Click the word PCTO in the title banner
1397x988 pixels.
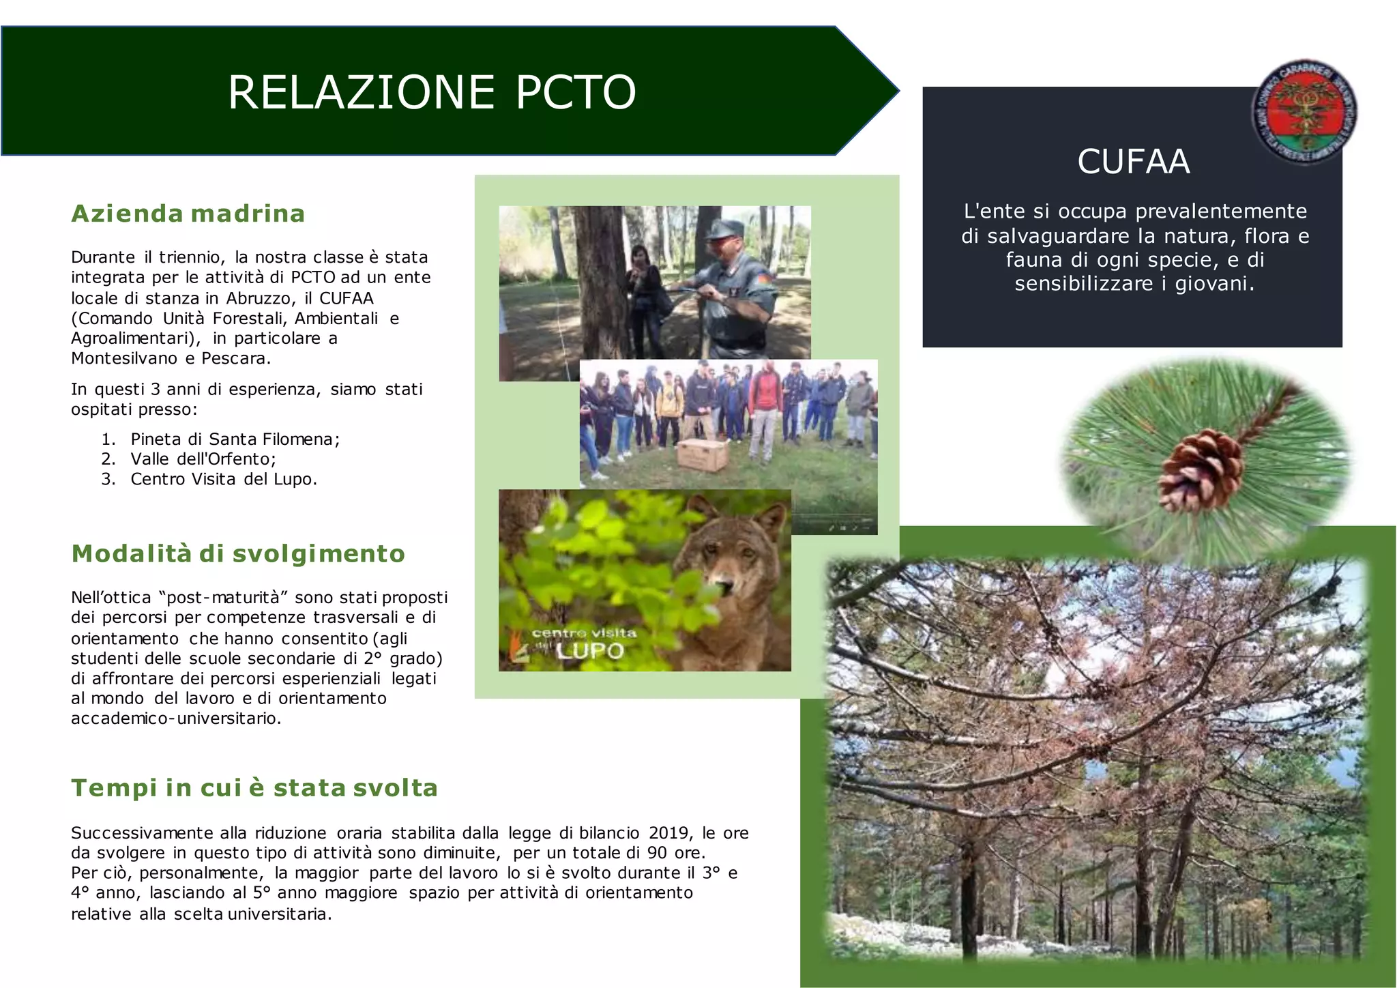[x=575, y=93]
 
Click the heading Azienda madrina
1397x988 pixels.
[x=188, y=214]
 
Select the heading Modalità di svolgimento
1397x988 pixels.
[x=238, y=553]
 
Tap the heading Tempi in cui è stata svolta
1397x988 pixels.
[x=254, y=788]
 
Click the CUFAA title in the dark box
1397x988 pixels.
[x=1133, y=162]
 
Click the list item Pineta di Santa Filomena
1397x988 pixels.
[x=235, y=439]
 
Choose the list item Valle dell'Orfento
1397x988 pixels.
[x=203, y=459]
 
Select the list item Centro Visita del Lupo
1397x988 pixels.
[x=223, y=479]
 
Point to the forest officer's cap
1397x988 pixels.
[x=724, y=229]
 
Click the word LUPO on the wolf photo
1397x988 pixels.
[x=590, y=651]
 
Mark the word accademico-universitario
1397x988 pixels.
[x=175, y=718]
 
